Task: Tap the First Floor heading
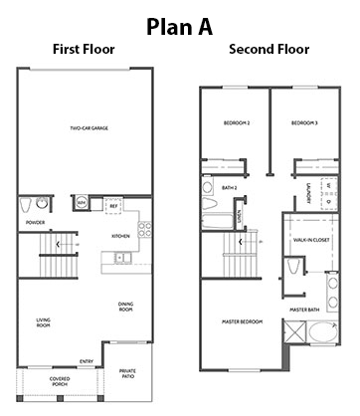[86, 49]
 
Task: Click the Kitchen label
[120, 236]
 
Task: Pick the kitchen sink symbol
[120, 259]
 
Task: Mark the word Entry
[88, 360]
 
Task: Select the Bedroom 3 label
[303, 124]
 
